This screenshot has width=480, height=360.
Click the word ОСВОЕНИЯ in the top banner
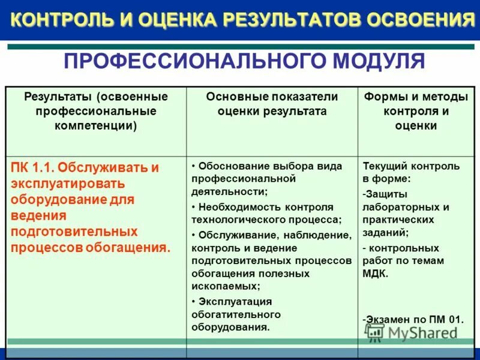coord(421,20)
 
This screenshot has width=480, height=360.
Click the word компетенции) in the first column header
coord(95,125)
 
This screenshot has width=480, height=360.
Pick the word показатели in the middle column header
coord(305,97)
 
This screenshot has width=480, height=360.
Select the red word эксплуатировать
coord(67,183)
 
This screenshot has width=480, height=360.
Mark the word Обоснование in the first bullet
coord(232,166)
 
